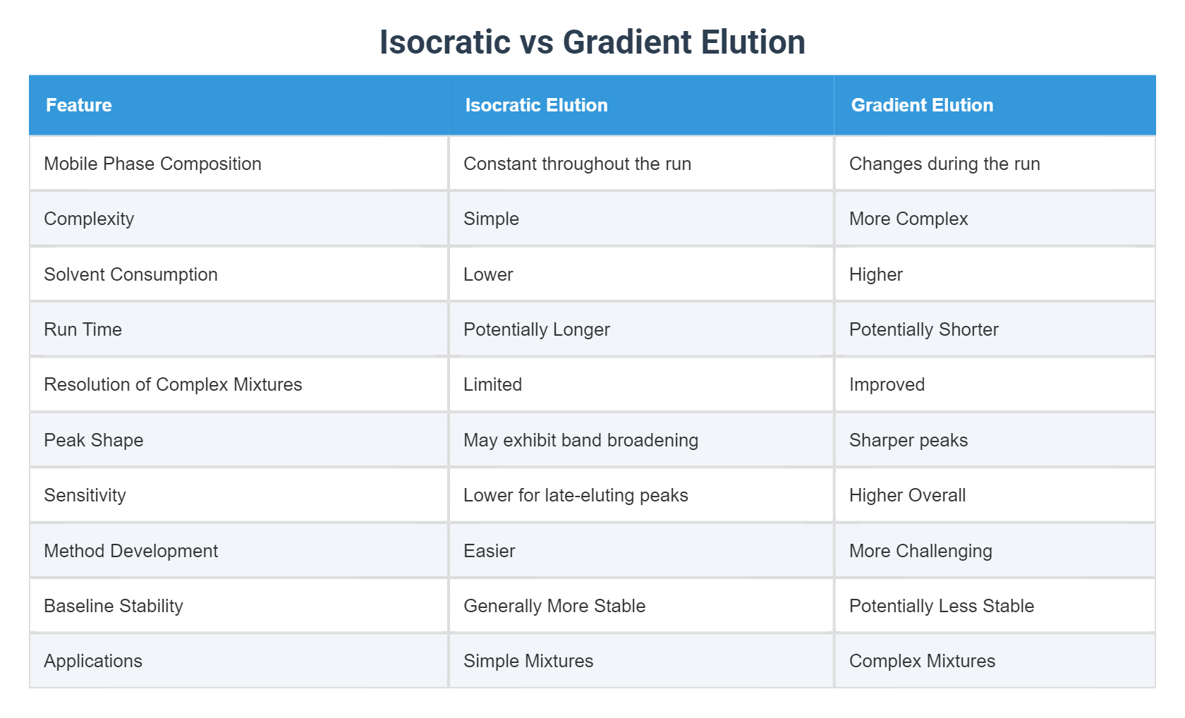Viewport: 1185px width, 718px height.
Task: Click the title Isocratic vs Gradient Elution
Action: point(592,42)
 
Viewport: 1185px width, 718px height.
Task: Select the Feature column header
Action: point(79,105)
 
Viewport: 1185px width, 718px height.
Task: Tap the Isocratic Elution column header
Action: point(536,105)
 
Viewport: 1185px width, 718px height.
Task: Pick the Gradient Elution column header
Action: point(922,105)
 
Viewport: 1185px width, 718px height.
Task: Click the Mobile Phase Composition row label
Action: point(152,164)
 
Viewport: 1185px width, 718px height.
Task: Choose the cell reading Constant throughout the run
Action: point(577,164)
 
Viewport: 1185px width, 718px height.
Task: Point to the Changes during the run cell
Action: point(944,164)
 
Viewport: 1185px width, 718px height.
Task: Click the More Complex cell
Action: point(909,219)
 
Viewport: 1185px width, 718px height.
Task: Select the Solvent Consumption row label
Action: point(130,274)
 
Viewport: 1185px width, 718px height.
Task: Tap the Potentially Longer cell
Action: point(536,329)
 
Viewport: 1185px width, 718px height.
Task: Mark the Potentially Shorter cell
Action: point(923,329)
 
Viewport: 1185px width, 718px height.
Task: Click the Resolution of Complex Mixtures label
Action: point(173,384)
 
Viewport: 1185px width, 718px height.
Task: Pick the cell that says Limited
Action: point(492,384)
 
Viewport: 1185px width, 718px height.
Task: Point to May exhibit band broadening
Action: point(581,440)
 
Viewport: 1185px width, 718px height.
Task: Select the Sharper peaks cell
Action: point(909,440)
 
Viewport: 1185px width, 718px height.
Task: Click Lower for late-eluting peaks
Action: point(576,495)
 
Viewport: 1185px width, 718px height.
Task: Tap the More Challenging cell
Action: point(920,551)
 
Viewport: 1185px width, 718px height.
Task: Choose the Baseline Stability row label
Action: point(114,606)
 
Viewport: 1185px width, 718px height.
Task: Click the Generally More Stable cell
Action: point(554,606)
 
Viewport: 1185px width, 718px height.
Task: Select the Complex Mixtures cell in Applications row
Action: point(922,661)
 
